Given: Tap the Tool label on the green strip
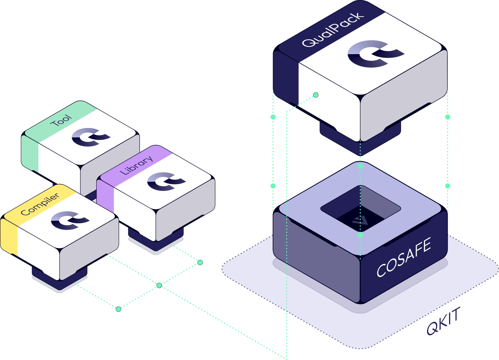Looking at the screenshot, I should [61, 120].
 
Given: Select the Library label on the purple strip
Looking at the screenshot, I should [136, 165].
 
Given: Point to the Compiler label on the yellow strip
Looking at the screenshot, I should [40, 204].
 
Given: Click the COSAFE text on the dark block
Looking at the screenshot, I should [404, 257].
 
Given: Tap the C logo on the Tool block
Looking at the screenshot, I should [90, 137].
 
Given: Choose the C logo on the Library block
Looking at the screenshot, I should [166, 181].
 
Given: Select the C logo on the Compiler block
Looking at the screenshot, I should [70, 220].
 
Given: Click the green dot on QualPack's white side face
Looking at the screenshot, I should [316, 95].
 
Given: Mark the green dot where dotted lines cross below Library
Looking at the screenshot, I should [159, 285].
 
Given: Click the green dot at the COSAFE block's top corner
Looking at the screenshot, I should [360, 166].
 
